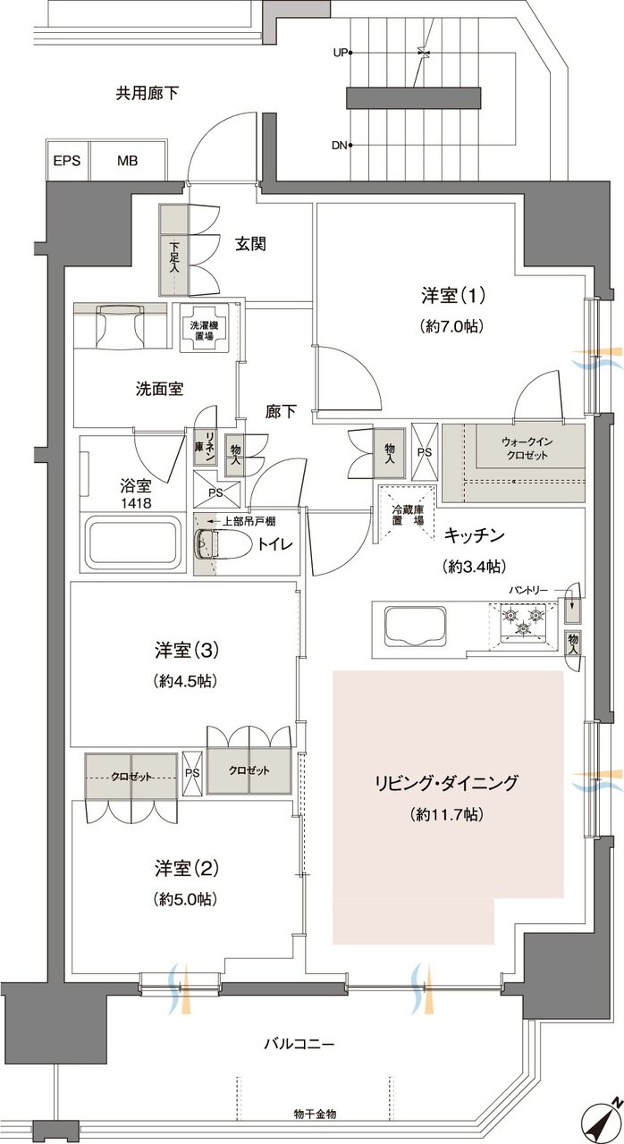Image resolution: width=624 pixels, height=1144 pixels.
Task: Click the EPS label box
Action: pos(67,162)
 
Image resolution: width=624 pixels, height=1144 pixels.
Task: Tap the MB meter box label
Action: pos(127,162)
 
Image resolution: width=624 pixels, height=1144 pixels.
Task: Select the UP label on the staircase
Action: pos(340,53)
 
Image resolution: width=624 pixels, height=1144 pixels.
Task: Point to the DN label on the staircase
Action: pos(340,145)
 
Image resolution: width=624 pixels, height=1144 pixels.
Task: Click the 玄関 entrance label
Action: pos(251,244)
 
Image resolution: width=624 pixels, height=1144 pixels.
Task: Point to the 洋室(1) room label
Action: pos(451,294)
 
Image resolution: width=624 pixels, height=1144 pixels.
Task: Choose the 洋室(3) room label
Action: pos(174,650)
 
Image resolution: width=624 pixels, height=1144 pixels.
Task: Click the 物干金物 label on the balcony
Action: pos(315,1113)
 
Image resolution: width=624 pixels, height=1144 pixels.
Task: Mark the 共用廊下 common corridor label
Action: pos(147,92)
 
